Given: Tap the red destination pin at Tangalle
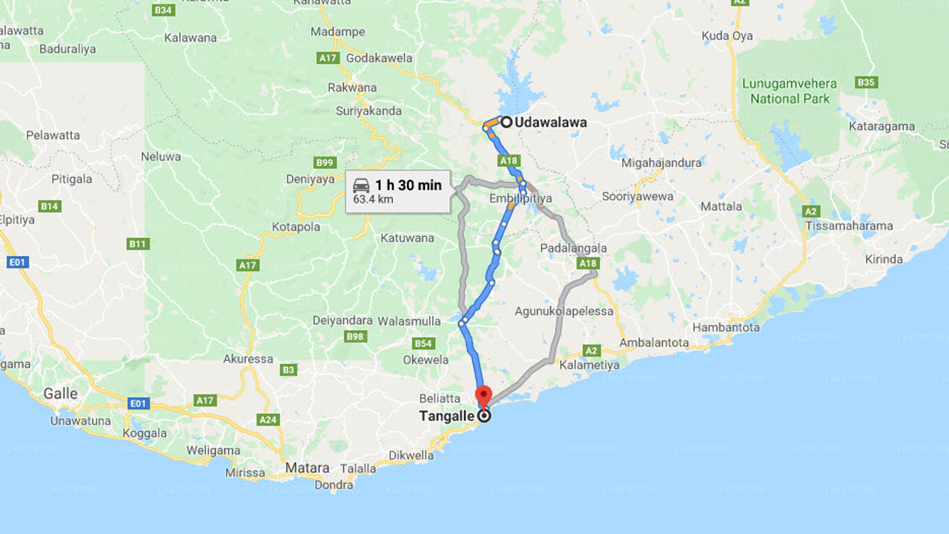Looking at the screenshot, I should tap(483, 395).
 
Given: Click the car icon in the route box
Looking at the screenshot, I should tap(361, 185).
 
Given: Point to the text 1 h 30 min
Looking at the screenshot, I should tap(408, 185).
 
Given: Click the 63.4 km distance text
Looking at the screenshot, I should tap(373, 200).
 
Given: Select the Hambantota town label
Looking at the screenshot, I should tap(726, 327).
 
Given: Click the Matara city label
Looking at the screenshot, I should tap(308, 468).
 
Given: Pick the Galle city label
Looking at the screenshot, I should tap(61, 394).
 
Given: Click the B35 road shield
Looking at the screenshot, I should tap(866, 82).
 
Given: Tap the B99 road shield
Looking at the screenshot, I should tap(325, 162).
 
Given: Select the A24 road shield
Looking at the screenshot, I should tap(268, 420).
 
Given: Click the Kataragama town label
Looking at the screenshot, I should tap(882, 126).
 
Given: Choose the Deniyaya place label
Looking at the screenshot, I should tap(311, 179).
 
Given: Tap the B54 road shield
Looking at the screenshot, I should tap(423, 343).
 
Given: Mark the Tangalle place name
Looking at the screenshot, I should tap(446, 416).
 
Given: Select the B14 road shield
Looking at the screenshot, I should tap(50, 206).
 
